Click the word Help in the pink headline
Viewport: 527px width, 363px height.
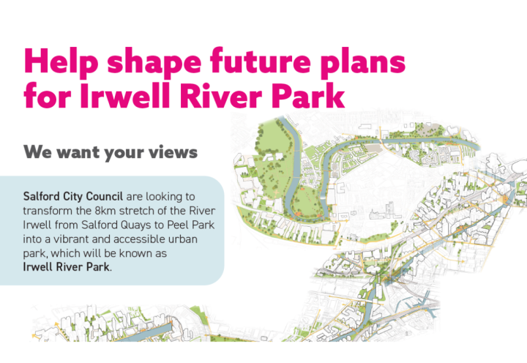(x=61, y=61)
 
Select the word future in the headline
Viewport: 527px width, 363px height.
(x=261, y=61)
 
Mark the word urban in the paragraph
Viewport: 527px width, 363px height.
(x=184, y=239)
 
